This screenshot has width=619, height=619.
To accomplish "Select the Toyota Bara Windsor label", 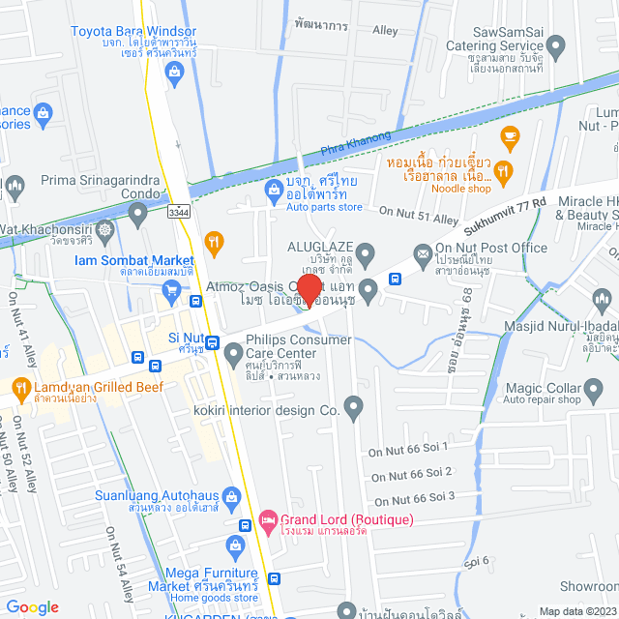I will coord(133,31).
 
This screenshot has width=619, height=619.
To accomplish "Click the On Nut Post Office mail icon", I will coord(423,254).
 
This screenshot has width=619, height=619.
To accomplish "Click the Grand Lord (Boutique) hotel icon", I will coord(270,519).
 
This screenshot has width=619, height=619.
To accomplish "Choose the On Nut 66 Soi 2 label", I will coord(411,474).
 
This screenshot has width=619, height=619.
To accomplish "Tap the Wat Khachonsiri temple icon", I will coord(106,229).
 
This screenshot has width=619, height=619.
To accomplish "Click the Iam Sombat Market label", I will coord(133,260).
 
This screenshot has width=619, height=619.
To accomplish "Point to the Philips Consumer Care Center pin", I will coord(233,356).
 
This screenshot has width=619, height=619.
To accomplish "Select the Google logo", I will coord(32,606).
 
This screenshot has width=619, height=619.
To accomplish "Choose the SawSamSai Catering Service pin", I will coord(556,45).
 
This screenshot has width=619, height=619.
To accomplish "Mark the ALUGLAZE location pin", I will coord(366,255).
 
